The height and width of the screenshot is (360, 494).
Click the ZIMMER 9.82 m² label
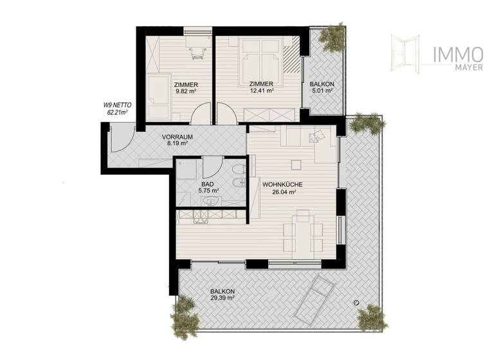pos(185,88)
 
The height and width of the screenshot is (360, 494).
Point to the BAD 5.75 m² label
pos(209,186)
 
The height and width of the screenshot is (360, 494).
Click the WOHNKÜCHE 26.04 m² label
pos(279,188)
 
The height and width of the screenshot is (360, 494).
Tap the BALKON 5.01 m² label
pos(321,88)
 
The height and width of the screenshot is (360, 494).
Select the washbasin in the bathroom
pos(211,202)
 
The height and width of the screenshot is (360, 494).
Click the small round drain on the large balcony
pos(355,303)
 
